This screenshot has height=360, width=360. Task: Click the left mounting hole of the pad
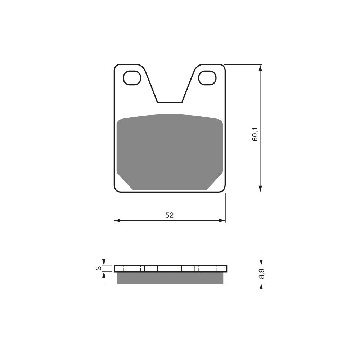pyautogui.click(x=132, y=78)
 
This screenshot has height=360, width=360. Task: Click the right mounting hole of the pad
pyautogui.click(x=208, y=78)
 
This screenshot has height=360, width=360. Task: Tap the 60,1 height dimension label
pyautogui.click(x=255, y=134)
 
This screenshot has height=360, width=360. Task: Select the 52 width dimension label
pyautogui.click(x=170, y=215)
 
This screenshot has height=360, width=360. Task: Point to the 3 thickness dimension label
pyautogui.click(x=98, y=268)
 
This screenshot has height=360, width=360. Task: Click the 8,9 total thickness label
pyautogui.click(x=261, y=274)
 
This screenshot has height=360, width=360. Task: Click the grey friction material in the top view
pyautogui.click(x=170, y=152)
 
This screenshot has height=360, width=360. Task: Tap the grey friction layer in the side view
pyautogui.click(x=170, y=278)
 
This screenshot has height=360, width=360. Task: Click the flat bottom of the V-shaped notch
pyautogui.click(x=170, y=102)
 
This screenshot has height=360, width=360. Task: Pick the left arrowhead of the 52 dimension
pyautogui.click(x=117, y=221)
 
